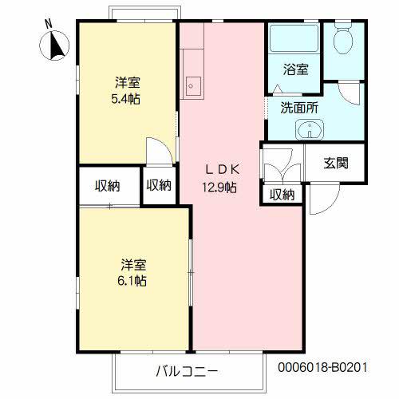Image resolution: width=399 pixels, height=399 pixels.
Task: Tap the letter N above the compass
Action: [47, 24]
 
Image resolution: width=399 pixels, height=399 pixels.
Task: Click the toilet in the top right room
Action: [344, 40]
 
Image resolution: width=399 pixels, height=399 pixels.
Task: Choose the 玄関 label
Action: [335, 163]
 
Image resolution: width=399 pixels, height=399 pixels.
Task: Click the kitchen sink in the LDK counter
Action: [192, 82]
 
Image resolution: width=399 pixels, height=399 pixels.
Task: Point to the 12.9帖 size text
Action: [219, 188]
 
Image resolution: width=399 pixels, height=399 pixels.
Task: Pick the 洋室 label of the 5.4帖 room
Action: [128, 82]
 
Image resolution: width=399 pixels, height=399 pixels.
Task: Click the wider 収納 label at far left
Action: [108, 186]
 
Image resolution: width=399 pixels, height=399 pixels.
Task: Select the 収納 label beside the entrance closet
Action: [281, 194]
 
